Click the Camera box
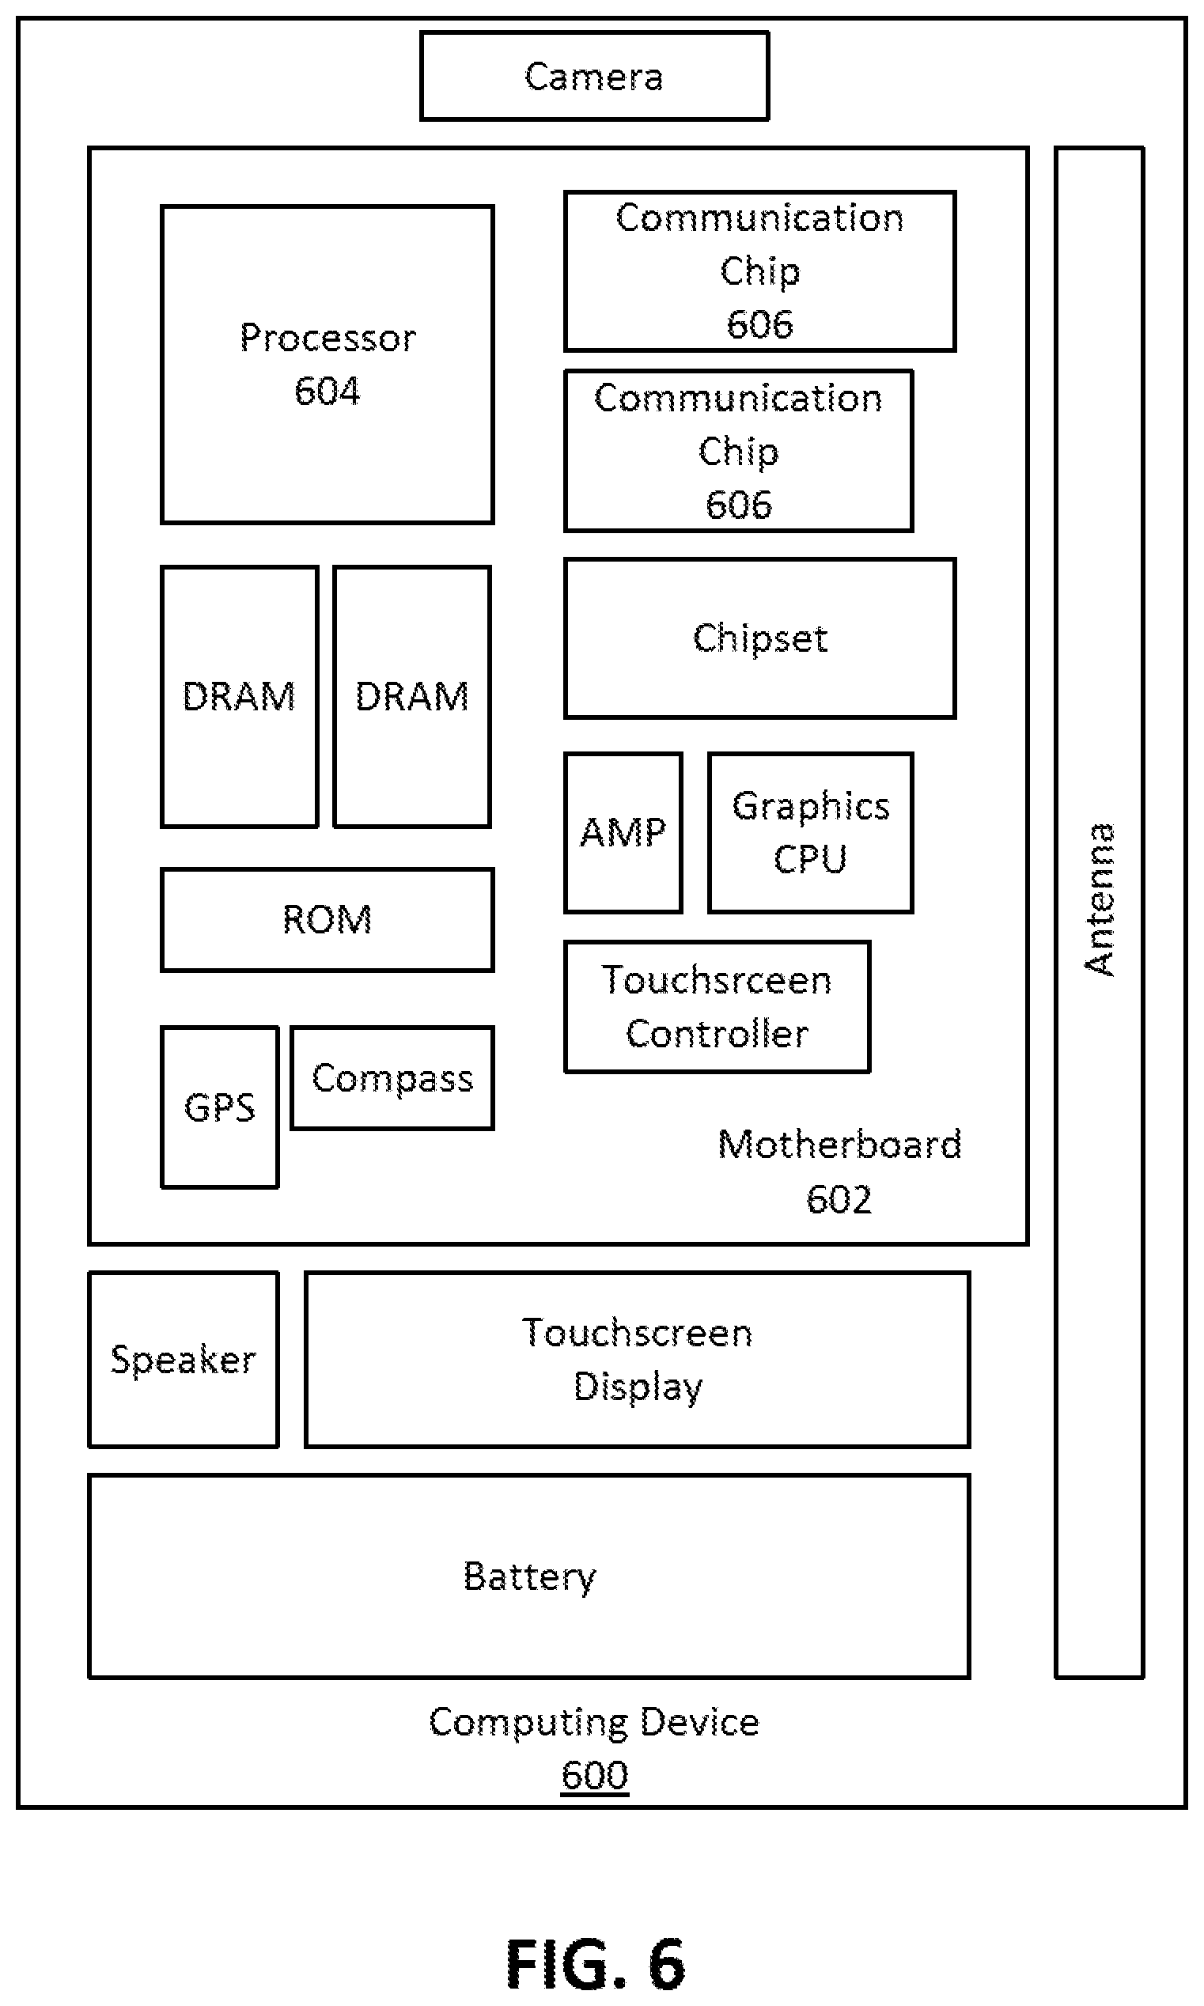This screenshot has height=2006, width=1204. [x=594, y=76]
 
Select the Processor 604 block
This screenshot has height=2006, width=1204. [x=327, y=364]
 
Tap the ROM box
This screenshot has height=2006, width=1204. [x=327, y=919]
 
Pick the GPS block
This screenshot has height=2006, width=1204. [x=220, y=1107]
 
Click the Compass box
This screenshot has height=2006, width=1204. [x=392, y=1077]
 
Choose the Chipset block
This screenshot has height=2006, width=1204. [x=759, y=638]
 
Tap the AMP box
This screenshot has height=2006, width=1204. [x=623, y=832]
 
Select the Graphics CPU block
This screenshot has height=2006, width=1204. [x=811, y=832]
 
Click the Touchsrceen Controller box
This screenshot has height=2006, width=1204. [x=717, y=1007]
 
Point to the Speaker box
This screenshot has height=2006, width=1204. [x=184, y=1359]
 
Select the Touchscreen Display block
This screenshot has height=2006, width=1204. [x=637, y=1359]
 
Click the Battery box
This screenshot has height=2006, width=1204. [x=529, y=1575]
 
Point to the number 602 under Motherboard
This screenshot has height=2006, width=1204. [x=839, y=1199]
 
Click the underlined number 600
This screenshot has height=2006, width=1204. [x=595, y=1775]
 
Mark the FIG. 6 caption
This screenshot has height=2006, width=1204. [x=596, y=1964]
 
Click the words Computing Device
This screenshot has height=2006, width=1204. [x=594, y=1721]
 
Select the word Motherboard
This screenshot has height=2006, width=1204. [x=839, y=1145]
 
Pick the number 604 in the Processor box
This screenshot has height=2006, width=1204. [x=327, y=391]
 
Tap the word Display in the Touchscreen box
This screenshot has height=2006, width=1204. [x=638, y=1387]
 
